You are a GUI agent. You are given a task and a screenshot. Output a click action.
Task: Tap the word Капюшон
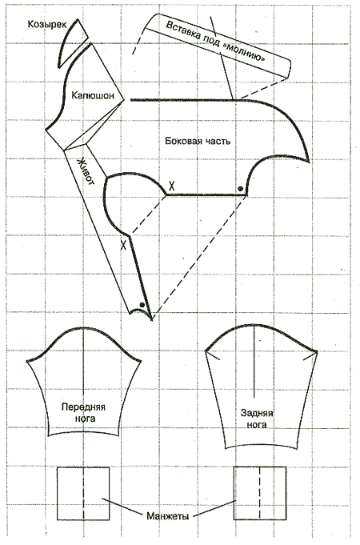click(x=93, y=95)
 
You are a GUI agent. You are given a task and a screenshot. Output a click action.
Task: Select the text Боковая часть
click(x=198, y=141)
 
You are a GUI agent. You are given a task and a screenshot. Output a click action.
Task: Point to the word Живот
click(x=86, y=171)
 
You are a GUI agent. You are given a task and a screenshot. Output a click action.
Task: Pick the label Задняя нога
click(x=257, y=419)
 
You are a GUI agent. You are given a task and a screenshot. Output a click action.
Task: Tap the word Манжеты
click(x=168, y=516)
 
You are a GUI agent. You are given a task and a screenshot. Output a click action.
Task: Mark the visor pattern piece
click(x=71, y=42)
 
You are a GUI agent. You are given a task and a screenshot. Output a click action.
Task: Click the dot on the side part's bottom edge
click(x=240, y=189)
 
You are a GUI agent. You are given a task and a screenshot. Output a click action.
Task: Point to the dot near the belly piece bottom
click(x=142, y=305)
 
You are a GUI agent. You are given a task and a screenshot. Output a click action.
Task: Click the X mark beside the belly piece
click(x=123, y=245)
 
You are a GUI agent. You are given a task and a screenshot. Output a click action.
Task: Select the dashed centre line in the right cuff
click(x=259, y=493)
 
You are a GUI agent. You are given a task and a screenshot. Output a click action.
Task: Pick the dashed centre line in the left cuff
click(x=83, y=493)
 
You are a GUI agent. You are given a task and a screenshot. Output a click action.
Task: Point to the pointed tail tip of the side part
click(x=309, y=161)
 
